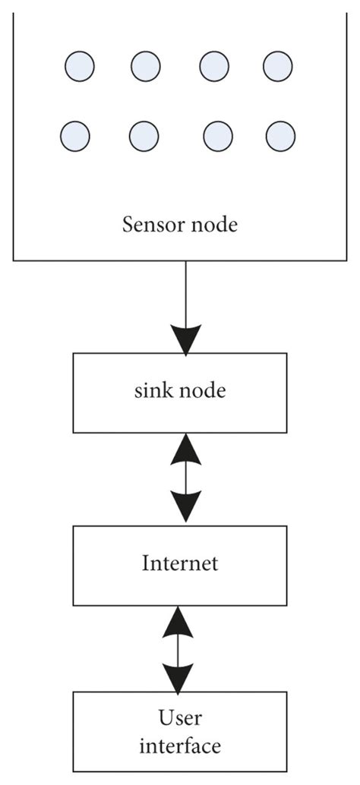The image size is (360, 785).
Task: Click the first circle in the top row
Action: pos(80,66)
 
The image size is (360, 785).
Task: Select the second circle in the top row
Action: pos(146,66)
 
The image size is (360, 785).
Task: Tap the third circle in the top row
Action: pos(215,66)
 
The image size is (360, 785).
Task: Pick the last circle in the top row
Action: pos(278,66)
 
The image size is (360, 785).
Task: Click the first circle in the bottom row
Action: pos(74,136)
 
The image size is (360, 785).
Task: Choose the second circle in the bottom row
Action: pos(144,137)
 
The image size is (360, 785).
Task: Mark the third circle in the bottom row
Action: pos(218,137)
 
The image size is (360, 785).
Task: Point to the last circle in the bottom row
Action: pos(280,137)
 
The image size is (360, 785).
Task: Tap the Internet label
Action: pos(180,563)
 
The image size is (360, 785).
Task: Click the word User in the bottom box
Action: pos(180,717)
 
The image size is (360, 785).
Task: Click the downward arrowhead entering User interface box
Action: pos(179,677)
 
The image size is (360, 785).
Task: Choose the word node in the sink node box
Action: pos(199,392)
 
